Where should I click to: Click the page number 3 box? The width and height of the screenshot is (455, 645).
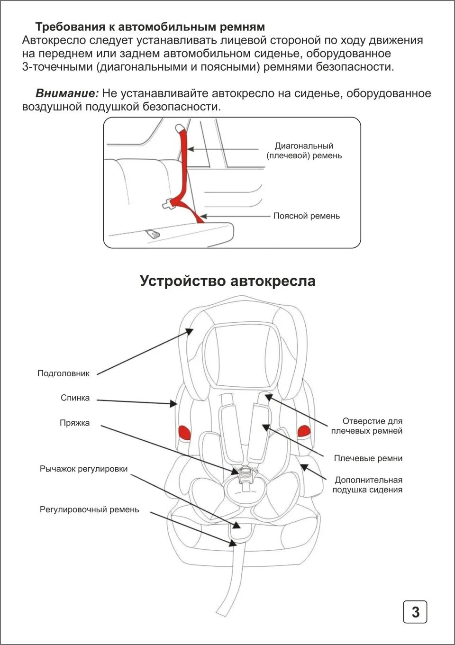click(x=415, y=612)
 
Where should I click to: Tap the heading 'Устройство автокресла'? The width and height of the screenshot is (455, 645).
click(x=227, y=281)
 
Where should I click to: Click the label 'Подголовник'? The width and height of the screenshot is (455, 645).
click(x=64, y=373)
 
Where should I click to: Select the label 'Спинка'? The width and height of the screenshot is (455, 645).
click(x=75, y=398)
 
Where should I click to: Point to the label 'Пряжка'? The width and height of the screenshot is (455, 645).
click(x=74, y=423)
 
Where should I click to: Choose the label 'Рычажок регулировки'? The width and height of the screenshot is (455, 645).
click(x=83, y=469)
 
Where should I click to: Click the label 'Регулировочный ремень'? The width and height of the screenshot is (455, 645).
click(x=89, y=509)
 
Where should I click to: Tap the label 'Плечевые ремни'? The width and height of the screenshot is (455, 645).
click(x=368, y=458)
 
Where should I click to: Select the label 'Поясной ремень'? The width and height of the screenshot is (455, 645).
click(x=306, y=216)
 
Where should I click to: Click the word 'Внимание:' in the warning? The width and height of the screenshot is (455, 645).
click(x=67, y=93)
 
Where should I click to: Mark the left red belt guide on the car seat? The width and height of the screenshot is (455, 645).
click(x=183, y=432)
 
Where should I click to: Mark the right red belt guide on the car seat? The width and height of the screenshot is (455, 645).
click(x=303, y=430)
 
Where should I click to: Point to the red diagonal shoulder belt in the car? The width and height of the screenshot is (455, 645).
click(x=183, y=161)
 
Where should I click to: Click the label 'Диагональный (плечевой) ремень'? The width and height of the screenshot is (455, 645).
click(x=304, y=151)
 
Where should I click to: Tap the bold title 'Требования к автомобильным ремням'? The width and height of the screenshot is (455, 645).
click(x=150, y=27)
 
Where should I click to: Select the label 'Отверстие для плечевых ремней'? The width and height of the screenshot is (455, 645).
click(x=367, y=426)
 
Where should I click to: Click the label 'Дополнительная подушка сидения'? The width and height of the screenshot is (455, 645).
click(x=367, y=485)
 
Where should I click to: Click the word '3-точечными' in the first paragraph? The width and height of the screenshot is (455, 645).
click(x=57, y=67)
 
